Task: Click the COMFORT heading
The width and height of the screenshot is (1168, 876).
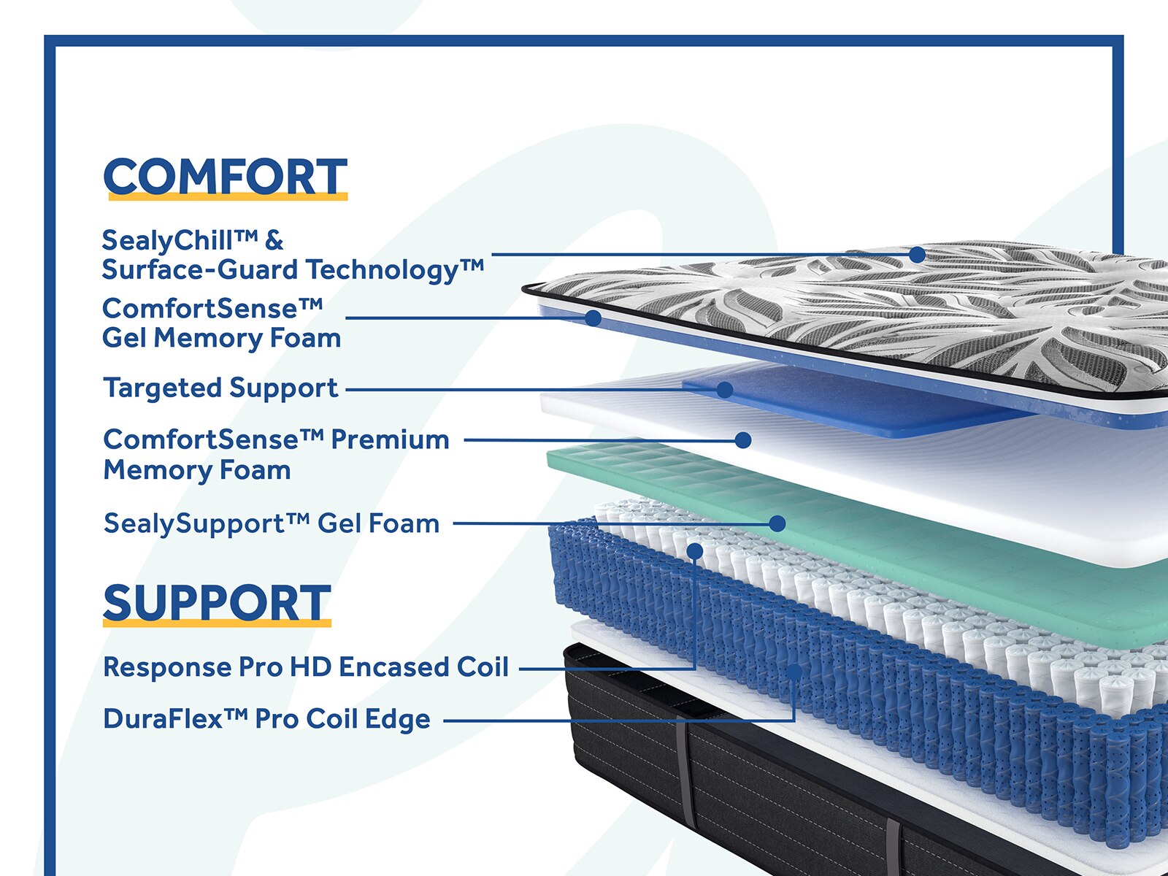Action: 225,177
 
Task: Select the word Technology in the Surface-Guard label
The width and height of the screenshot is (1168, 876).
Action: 382,270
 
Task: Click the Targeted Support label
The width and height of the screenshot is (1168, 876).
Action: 220,388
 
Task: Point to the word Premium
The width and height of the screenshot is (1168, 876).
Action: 390,440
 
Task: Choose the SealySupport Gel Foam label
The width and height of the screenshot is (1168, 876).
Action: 272,523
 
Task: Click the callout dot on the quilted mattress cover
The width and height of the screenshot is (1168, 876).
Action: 918,255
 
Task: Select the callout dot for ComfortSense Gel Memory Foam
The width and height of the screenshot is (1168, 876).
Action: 593,318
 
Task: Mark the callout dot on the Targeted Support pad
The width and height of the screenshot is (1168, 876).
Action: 725,390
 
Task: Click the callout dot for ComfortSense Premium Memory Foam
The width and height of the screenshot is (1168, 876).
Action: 743,440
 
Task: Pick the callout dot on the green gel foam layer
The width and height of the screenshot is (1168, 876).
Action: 777,523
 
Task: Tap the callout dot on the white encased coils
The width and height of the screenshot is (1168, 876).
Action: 694,551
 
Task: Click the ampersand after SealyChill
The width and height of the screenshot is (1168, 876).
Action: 274,240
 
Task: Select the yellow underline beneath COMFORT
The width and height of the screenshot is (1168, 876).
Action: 228,197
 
